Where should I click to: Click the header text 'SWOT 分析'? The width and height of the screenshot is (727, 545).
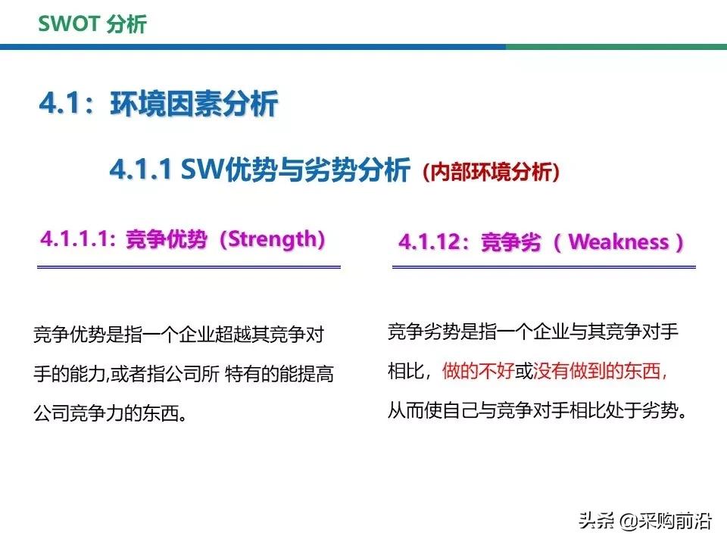point(92,24)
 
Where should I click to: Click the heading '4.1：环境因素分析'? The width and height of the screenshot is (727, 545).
point(159,104)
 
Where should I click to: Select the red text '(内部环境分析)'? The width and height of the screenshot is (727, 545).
point(492,173)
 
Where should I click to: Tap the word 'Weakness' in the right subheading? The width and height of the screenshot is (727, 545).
point(618,242)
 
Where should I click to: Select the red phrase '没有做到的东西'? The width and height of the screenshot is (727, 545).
point(600,372)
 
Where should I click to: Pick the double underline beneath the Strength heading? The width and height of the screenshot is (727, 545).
point(189,266)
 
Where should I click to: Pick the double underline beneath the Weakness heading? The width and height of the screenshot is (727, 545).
point(544,266)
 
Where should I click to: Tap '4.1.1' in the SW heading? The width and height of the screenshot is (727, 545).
point(141,170)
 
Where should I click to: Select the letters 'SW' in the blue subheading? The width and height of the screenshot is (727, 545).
point(198,170)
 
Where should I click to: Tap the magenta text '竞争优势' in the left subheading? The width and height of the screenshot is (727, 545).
point(165,240)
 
